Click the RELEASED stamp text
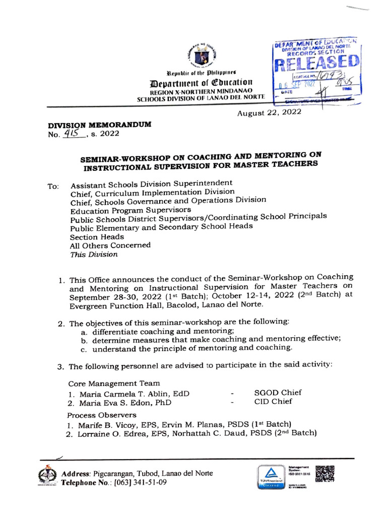[317, 63]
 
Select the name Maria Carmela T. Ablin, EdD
[130, 394]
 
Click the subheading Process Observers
[102, 415]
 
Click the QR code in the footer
[325, 475]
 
